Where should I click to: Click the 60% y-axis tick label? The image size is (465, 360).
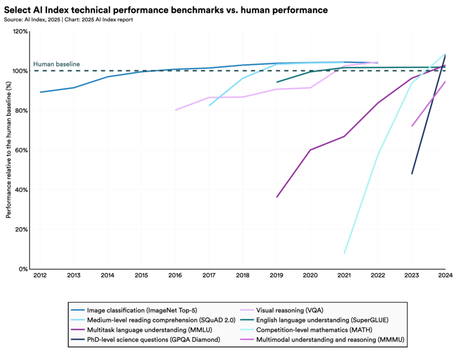pyautogui.click(x=21, y=150)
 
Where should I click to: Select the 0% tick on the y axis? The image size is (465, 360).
pyautogui.click(x=23, y=269)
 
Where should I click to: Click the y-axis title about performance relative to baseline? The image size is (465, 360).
pyautogui.click(x=9, y=150)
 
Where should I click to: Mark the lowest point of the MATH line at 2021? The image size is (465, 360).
pyautogui.click(x=345, y=253)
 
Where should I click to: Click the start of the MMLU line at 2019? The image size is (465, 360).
pyautogui.click(x=277, y=197)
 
